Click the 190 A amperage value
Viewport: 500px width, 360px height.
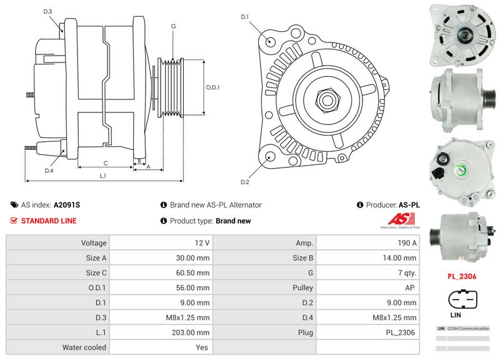point(407,242)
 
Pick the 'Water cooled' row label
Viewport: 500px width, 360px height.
point(84,347)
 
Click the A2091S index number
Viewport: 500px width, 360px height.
point(67,204)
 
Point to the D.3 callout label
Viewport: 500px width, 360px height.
point(48,12)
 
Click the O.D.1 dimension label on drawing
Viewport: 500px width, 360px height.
point(213,87)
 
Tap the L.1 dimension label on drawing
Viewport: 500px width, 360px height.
point(103,176)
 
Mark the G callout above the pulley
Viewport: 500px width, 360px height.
point(172,26)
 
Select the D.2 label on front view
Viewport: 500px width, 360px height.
point(245,182)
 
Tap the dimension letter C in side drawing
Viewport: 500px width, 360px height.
point(105,163)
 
